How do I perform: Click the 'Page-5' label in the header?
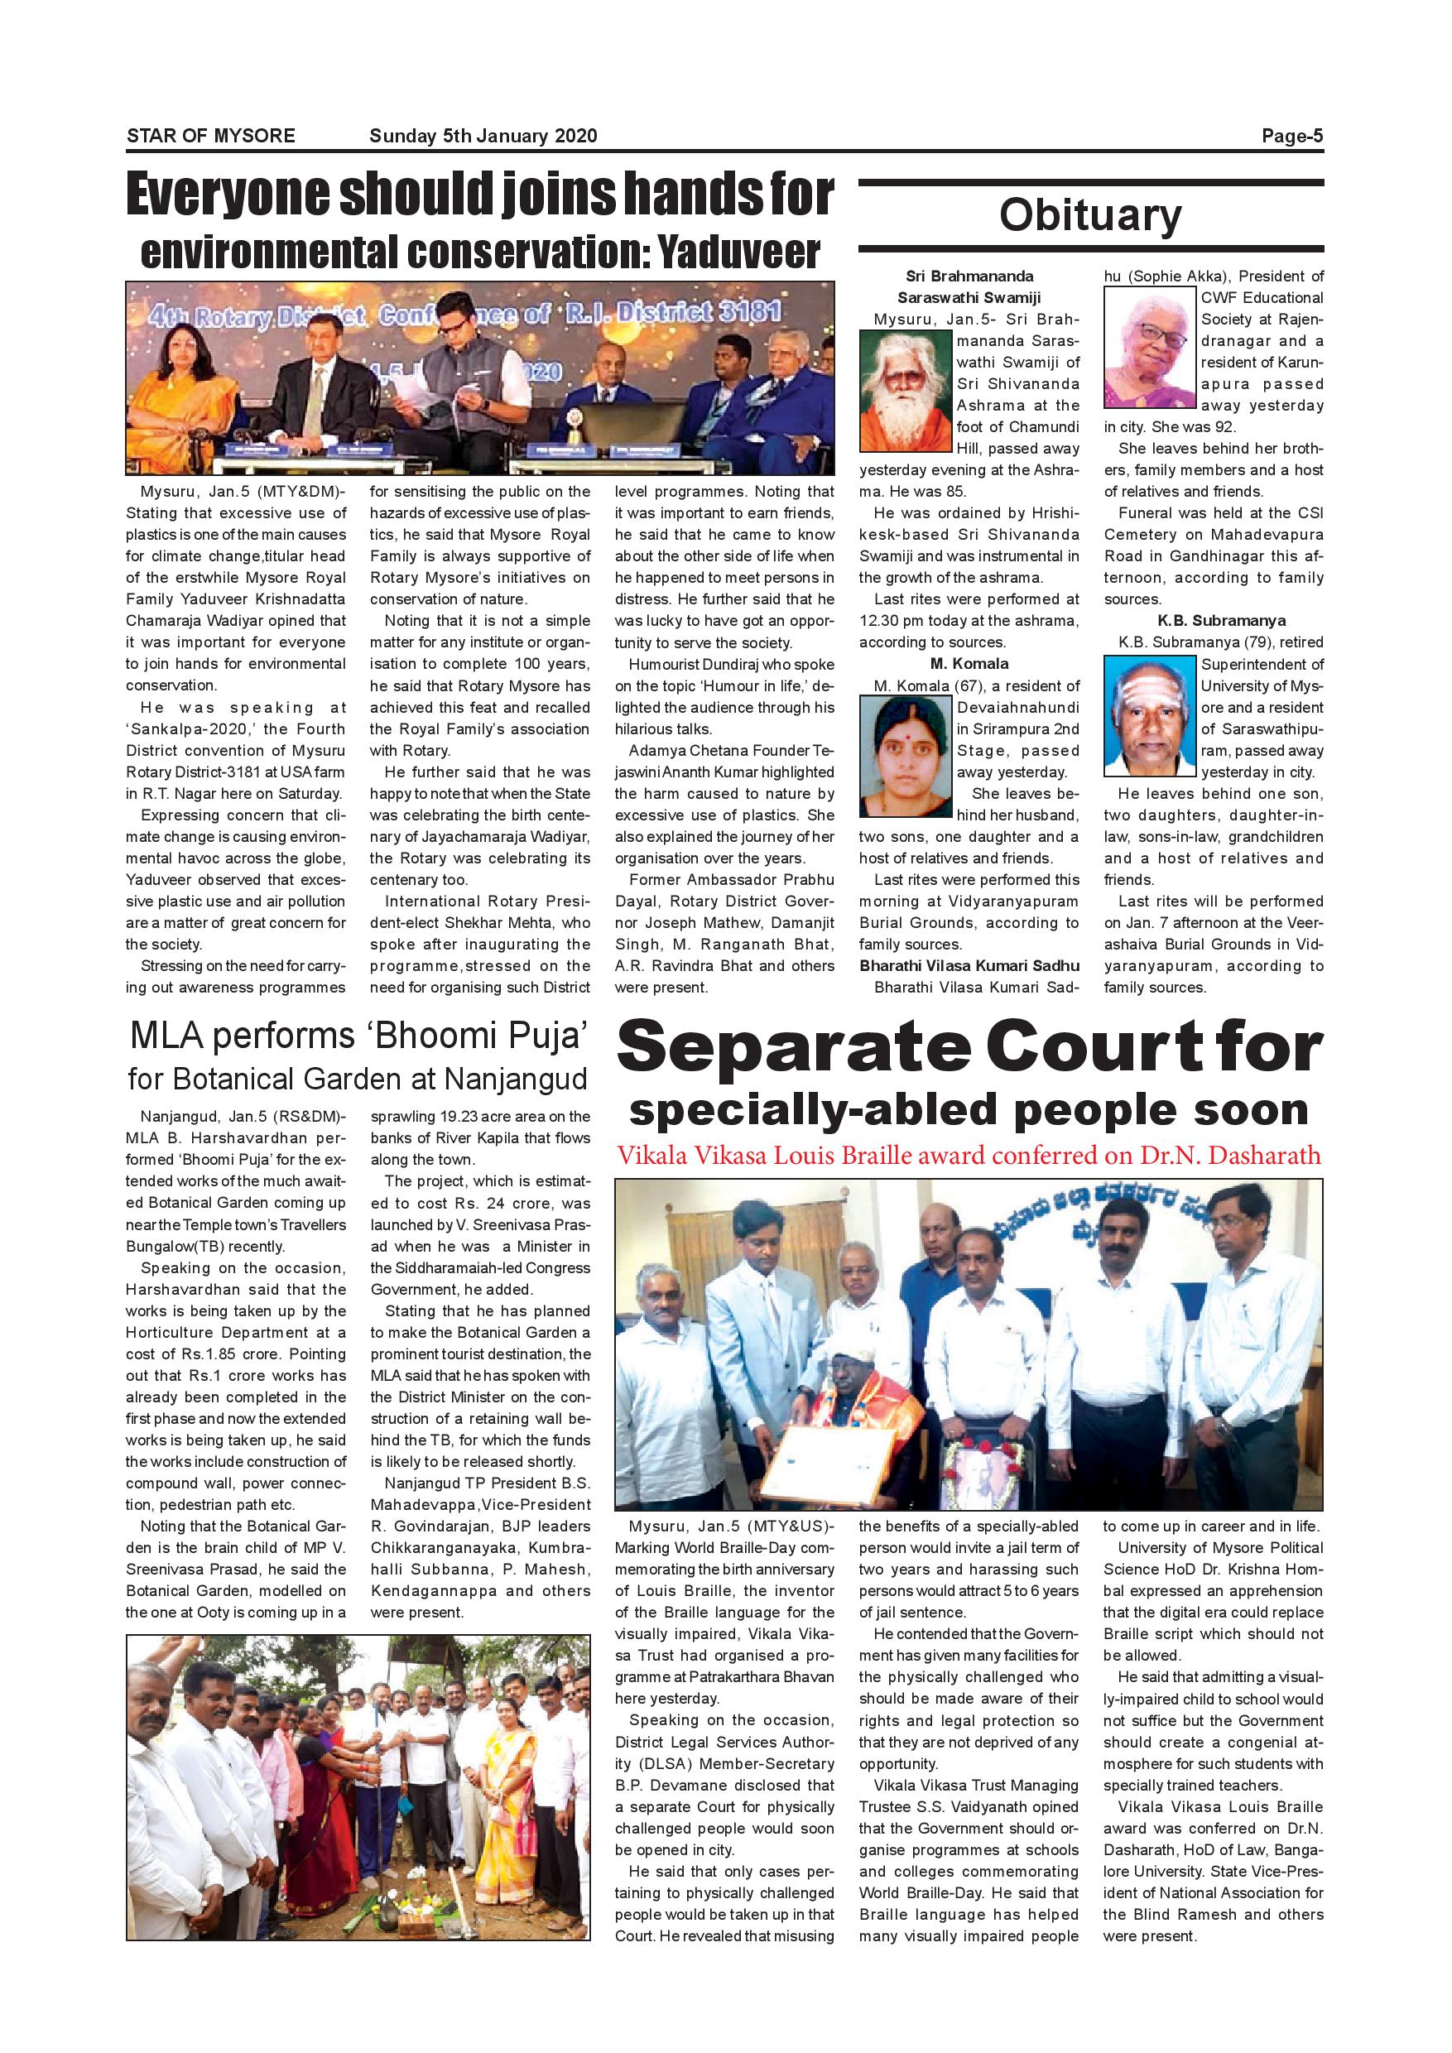[x=1291, y=136]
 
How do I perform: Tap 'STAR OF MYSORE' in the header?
[x=211, y=136]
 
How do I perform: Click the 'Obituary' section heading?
[x=1090, y=215]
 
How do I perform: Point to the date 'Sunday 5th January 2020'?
[x=483, y=136]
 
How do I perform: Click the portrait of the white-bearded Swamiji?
[x=905, y=391]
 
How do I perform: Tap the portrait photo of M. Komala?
[x=905, y=757]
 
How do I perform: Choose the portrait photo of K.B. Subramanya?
[x=1149, y=716]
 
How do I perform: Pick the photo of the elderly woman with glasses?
[x=1149, y=347]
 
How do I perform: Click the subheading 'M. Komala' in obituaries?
[x=969, y=663]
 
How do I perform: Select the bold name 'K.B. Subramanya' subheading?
[x=1214, y=621]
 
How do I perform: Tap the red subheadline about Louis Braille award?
[x=969, y=1156]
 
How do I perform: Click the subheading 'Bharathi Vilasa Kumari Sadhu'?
[x=969, y=966]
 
